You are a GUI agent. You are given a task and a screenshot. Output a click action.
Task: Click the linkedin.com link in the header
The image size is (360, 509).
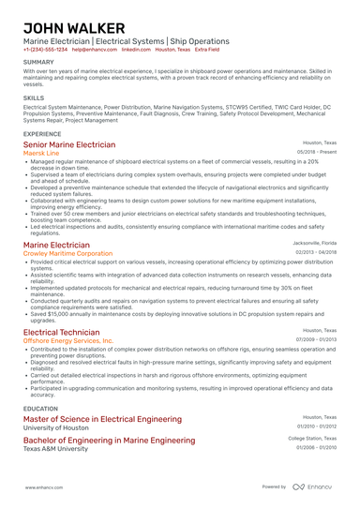[136, 50]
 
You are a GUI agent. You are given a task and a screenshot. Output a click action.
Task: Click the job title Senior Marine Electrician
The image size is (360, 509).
[69, 145]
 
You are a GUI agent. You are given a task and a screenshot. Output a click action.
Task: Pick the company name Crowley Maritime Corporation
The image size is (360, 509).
[74, 253]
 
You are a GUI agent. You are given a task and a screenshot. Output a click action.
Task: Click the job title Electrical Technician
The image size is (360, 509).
[61, 332]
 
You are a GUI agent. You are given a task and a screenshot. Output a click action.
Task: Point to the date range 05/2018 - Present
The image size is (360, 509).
[317, 153]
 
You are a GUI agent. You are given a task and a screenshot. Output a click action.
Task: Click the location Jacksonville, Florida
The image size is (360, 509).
[312, 243]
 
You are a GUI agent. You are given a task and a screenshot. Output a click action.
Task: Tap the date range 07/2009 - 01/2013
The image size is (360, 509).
[317, 339]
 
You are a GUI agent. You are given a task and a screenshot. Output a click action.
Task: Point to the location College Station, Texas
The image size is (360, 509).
[312, 439]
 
